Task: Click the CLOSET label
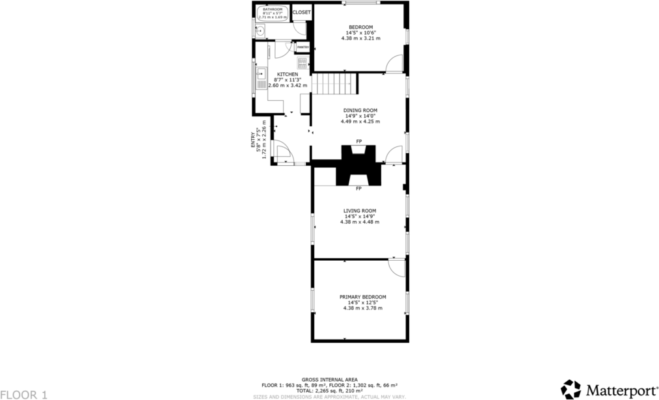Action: coord(302,12)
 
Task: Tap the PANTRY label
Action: coord(303,47)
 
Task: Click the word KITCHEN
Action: coord(288,74)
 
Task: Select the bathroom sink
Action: coord(260,29)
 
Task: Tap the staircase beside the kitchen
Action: coord(336,83)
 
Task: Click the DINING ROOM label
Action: coord(360,110)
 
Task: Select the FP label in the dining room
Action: coord(358,141)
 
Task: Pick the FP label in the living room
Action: coord(358,189)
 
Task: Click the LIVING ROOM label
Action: coord(360,211)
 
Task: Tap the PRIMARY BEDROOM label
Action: coord(362,297)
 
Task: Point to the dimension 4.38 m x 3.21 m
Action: coord(360,38)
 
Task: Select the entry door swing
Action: coord(284,154)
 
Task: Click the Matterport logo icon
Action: coord(572,390)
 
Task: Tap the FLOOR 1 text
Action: coord(24,394)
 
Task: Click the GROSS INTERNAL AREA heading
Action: coord(329,379)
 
